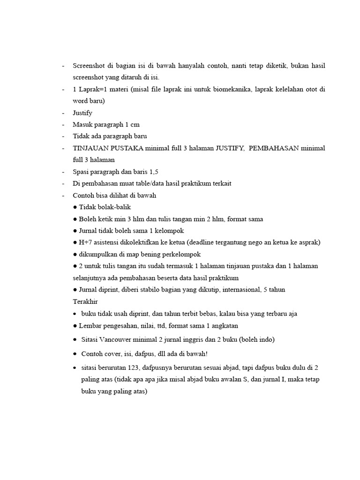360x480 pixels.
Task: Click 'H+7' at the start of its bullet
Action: (x=85, y=242)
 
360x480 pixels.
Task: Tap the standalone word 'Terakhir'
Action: (x=85, y=301)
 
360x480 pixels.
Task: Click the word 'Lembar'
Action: (x=90, y=325)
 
